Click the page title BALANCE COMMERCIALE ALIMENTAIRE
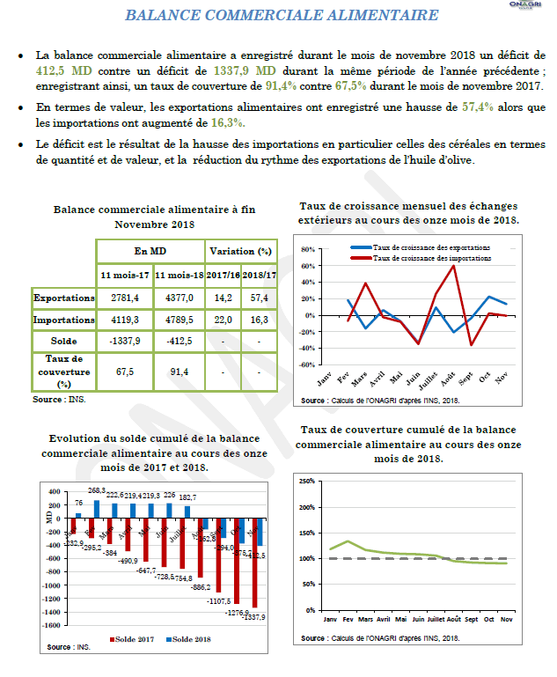tap(282, 16)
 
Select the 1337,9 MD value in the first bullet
tap(245, 69)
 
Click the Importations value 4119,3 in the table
tap(126, 320)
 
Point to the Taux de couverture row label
tap(63, 371)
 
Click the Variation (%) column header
tap(240, 252)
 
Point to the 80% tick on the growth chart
tap(308, 249)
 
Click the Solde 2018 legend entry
tap(194, 638)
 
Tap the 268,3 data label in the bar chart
tap(97, 490)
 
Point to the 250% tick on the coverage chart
tap(307, 482)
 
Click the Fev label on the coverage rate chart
tap(348, 619)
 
